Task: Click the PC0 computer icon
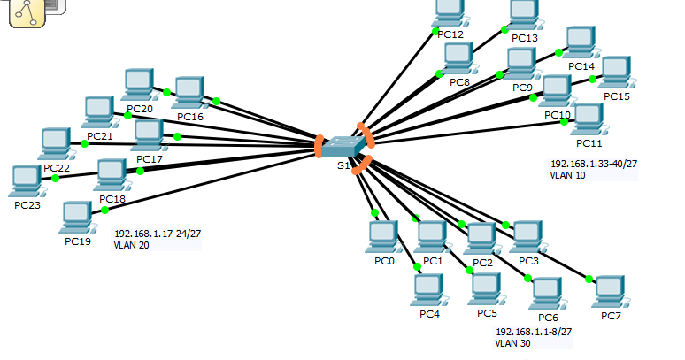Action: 383,236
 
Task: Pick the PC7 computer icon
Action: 609,290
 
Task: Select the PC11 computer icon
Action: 588,119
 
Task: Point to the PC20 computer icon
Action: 139,84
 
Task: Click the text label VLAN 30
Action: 513,343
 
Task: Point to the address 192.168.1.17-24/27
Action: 158,234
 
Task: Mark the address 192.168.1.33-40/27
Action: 593,165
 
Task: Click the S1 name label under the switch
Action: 342,165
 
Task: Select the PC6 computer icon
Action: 547,291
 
